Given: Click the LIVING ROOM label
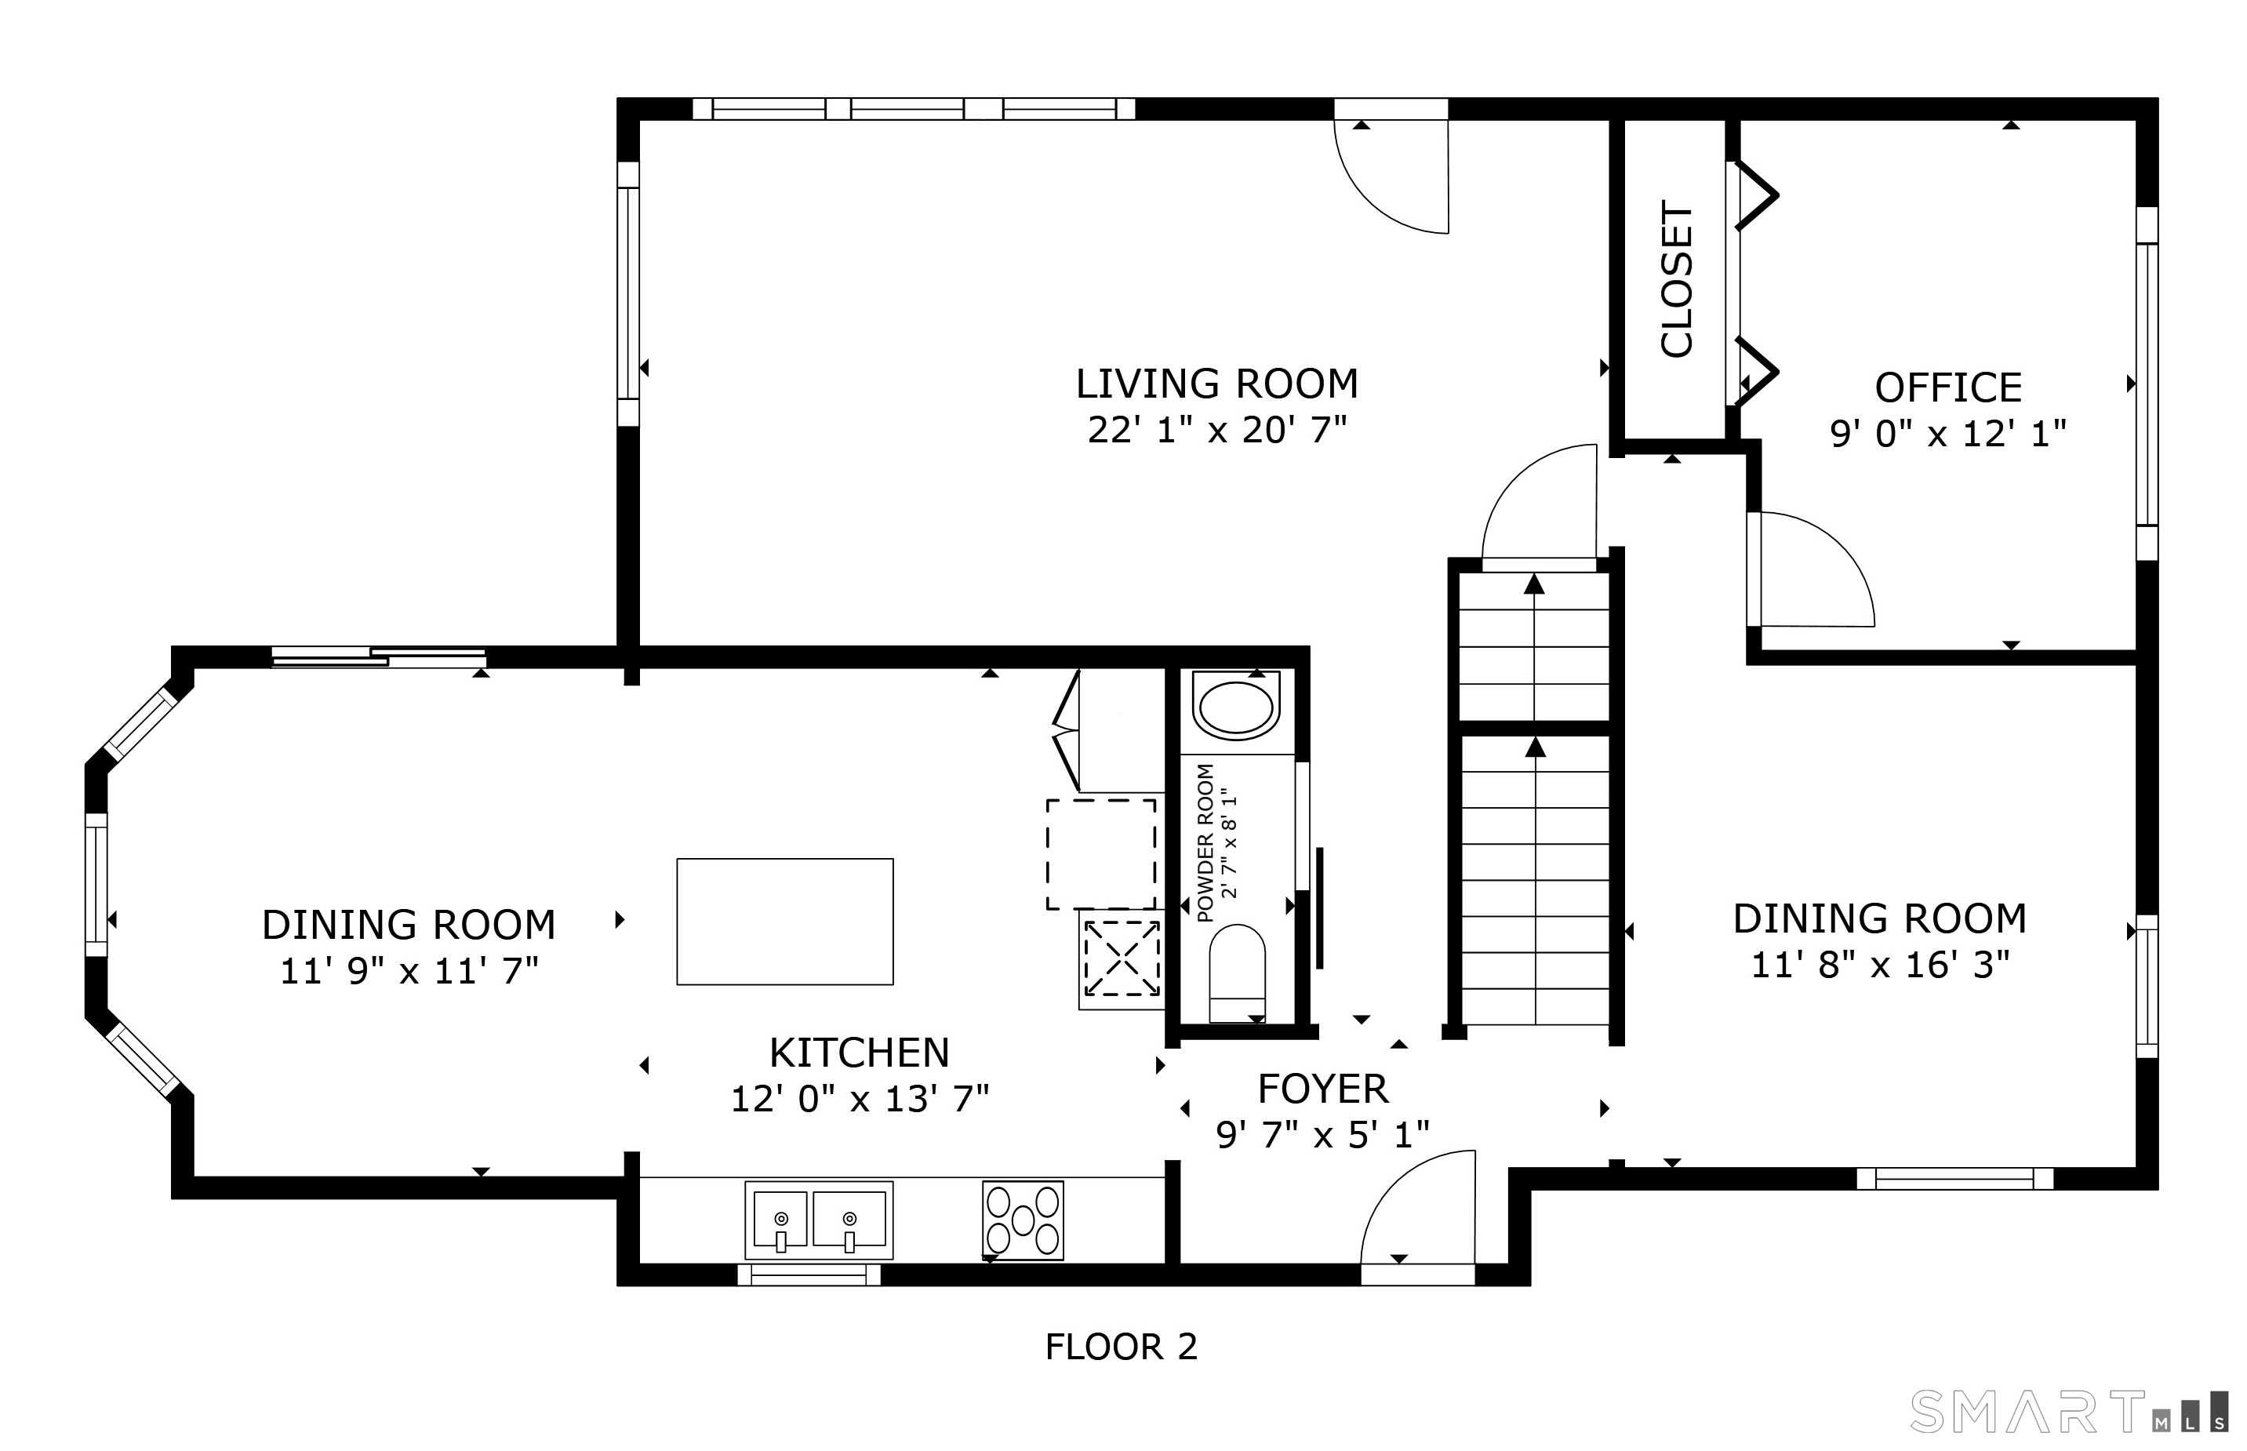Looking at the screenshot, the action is [1217, 384].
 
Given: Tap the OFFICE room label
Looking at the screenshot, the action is [1948, 388].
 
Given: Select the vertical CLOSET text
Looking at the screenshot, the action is [1677, 280].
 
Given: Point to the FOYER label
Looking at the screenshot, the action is [1323, 1089].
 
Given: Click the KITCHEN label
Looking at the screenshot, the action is [860, 1053].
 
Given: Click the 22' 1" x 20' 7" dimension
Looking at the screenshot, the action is [1217, 431].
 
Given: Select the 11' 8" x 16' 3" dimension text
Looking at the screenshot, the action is [1881, 966].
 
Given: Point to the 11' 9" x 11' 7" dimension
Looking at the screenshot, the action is [409, 972].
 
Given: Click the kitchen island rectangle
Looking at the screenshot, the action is [785, 922].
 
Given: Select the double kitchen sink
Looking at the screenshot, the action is [819, 1220].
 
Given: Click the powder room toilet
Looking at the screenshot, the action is [1237, 973].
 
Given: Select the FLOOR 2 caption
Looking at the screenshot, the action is [1121, 1347].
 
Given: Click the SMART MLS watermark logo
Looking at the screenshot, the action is [2069, 1413].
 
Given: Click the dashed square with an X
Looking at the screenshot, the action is [1121, 958].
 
